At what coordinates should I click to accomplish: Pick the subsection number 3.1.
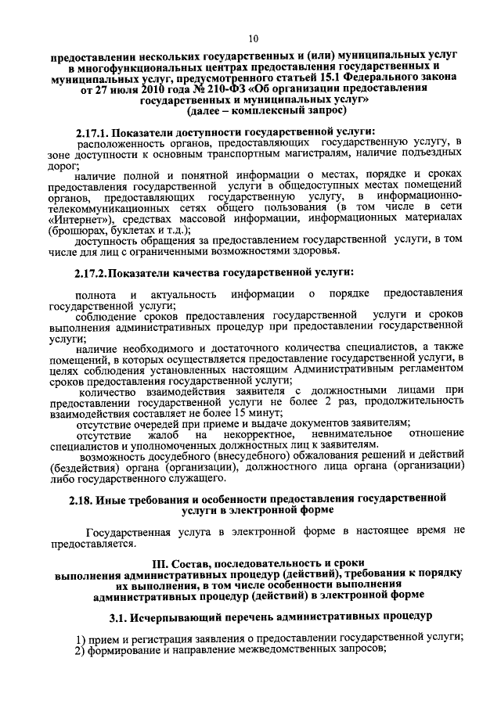click(119, 616)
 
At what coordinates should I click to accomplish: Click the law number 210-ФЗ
click(208, 90)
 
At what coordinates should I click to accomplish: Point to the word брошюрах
click(74, 232)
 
